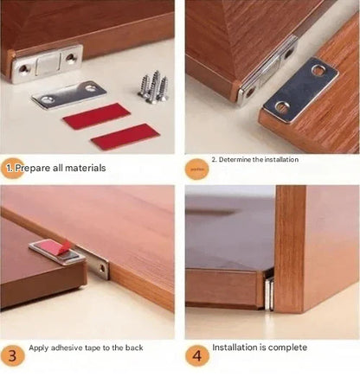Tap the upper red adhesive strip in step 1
click(96, 116)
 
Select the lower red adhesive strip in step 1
click(125, 137)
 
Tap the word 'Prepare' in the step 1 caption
click(35, 168)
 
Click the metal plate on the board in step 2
click(301, 88)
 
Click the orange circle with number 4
click(196, 355)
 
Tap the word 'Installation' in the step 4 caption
click(237, 348)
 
